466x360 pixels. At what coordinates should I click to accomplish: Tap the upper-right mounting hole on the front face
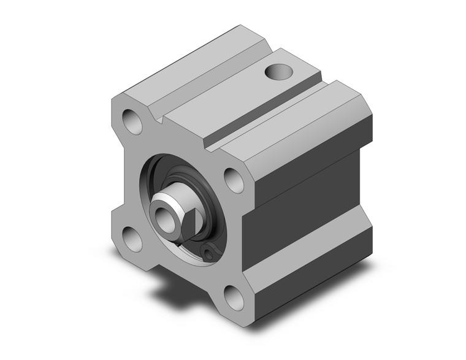click(233, 179)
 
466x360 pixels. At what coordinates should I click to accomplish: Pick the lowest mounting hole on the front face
click(233, 297)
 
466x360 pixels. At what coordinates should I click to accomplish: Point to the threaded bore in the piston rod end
click(163, 214)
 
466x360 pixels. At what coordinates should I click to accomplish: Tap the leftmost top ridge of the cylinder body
click(184, 67)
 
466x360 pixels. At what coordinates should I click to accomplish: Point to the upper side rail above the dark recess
click(313, 153)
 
